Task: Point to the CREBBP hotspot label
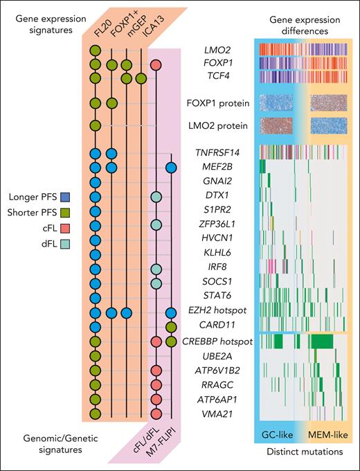tap(220, 341)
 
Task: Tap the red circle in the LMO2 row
tap(156, 65)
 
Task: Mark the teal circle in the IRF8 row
tap(156, 269)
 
